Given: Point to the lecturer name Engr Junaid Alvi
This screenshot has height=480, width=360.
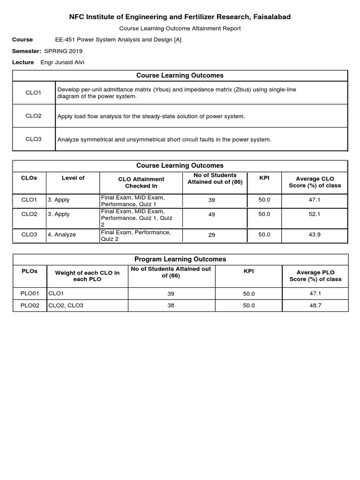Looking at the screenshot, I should pos(62,62).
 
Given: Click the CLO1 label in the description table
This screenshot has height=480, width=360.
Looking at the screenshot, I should pos(33,93).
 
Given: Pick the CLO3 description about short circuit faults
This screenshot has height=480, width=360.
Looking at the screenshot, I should pos(164,139).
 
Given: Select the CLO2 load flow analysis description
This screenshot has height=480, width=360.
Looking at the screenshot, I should pos(151,116).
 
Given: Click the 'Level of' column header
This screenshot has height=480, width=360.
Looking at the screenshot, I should pos(73,178).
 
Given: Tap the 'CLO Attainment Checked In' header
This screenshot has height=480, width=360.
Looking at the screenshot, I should pos(141,182).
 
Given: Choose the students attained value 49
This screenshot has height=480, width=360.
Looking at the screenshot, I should pos(211,214).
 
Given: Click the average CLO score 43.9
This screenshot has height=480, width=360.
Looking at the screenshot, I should pos(315,234).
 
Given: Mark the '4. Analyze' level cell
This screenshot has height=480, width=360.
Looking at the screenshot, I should pos(61,234).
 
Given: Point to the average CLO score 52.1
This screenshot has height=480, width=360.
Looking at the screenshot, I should pos(315,214).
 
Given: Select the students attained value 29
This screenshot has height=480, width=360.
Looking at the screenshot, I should pos(211,235).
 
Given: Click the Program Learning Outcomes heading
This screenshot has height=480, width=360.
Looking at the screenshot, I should pos(180,259).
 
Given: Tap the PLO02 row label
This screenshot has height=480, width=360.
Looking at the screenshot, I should pos(30,305).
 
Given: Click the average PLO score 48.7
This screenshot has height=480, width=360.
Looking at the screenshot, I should pos(315,305).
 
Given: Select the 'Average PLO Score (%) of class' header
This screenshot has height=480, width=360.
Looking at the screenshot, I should pos(315,276).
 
